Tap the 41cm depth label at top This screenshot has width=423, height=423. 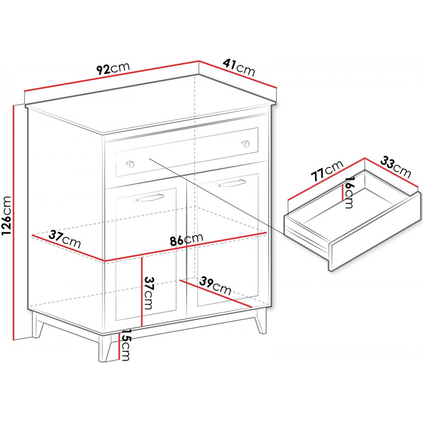(x=239, y=68)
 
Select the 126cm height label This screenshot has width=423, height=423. (x=6, y=215)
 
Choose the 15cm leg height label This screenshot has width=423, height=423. (x=126, y=345)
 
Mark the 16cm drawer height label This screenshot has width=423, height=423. (x=349, y=192)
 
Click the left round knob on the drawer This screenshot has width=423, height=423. (x=131, y=163)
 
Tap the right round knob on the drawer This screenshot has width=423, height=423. (x=245, y=143)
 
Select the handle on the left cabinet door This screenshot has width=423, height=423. (x=148, y=197)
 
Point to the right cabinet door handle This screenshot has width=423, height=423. (x=231, y=183)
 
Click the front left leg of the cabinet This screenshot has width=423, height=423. (x=105, y=347)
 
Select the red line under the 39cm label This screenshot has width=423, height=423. (x=216, y=294)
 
